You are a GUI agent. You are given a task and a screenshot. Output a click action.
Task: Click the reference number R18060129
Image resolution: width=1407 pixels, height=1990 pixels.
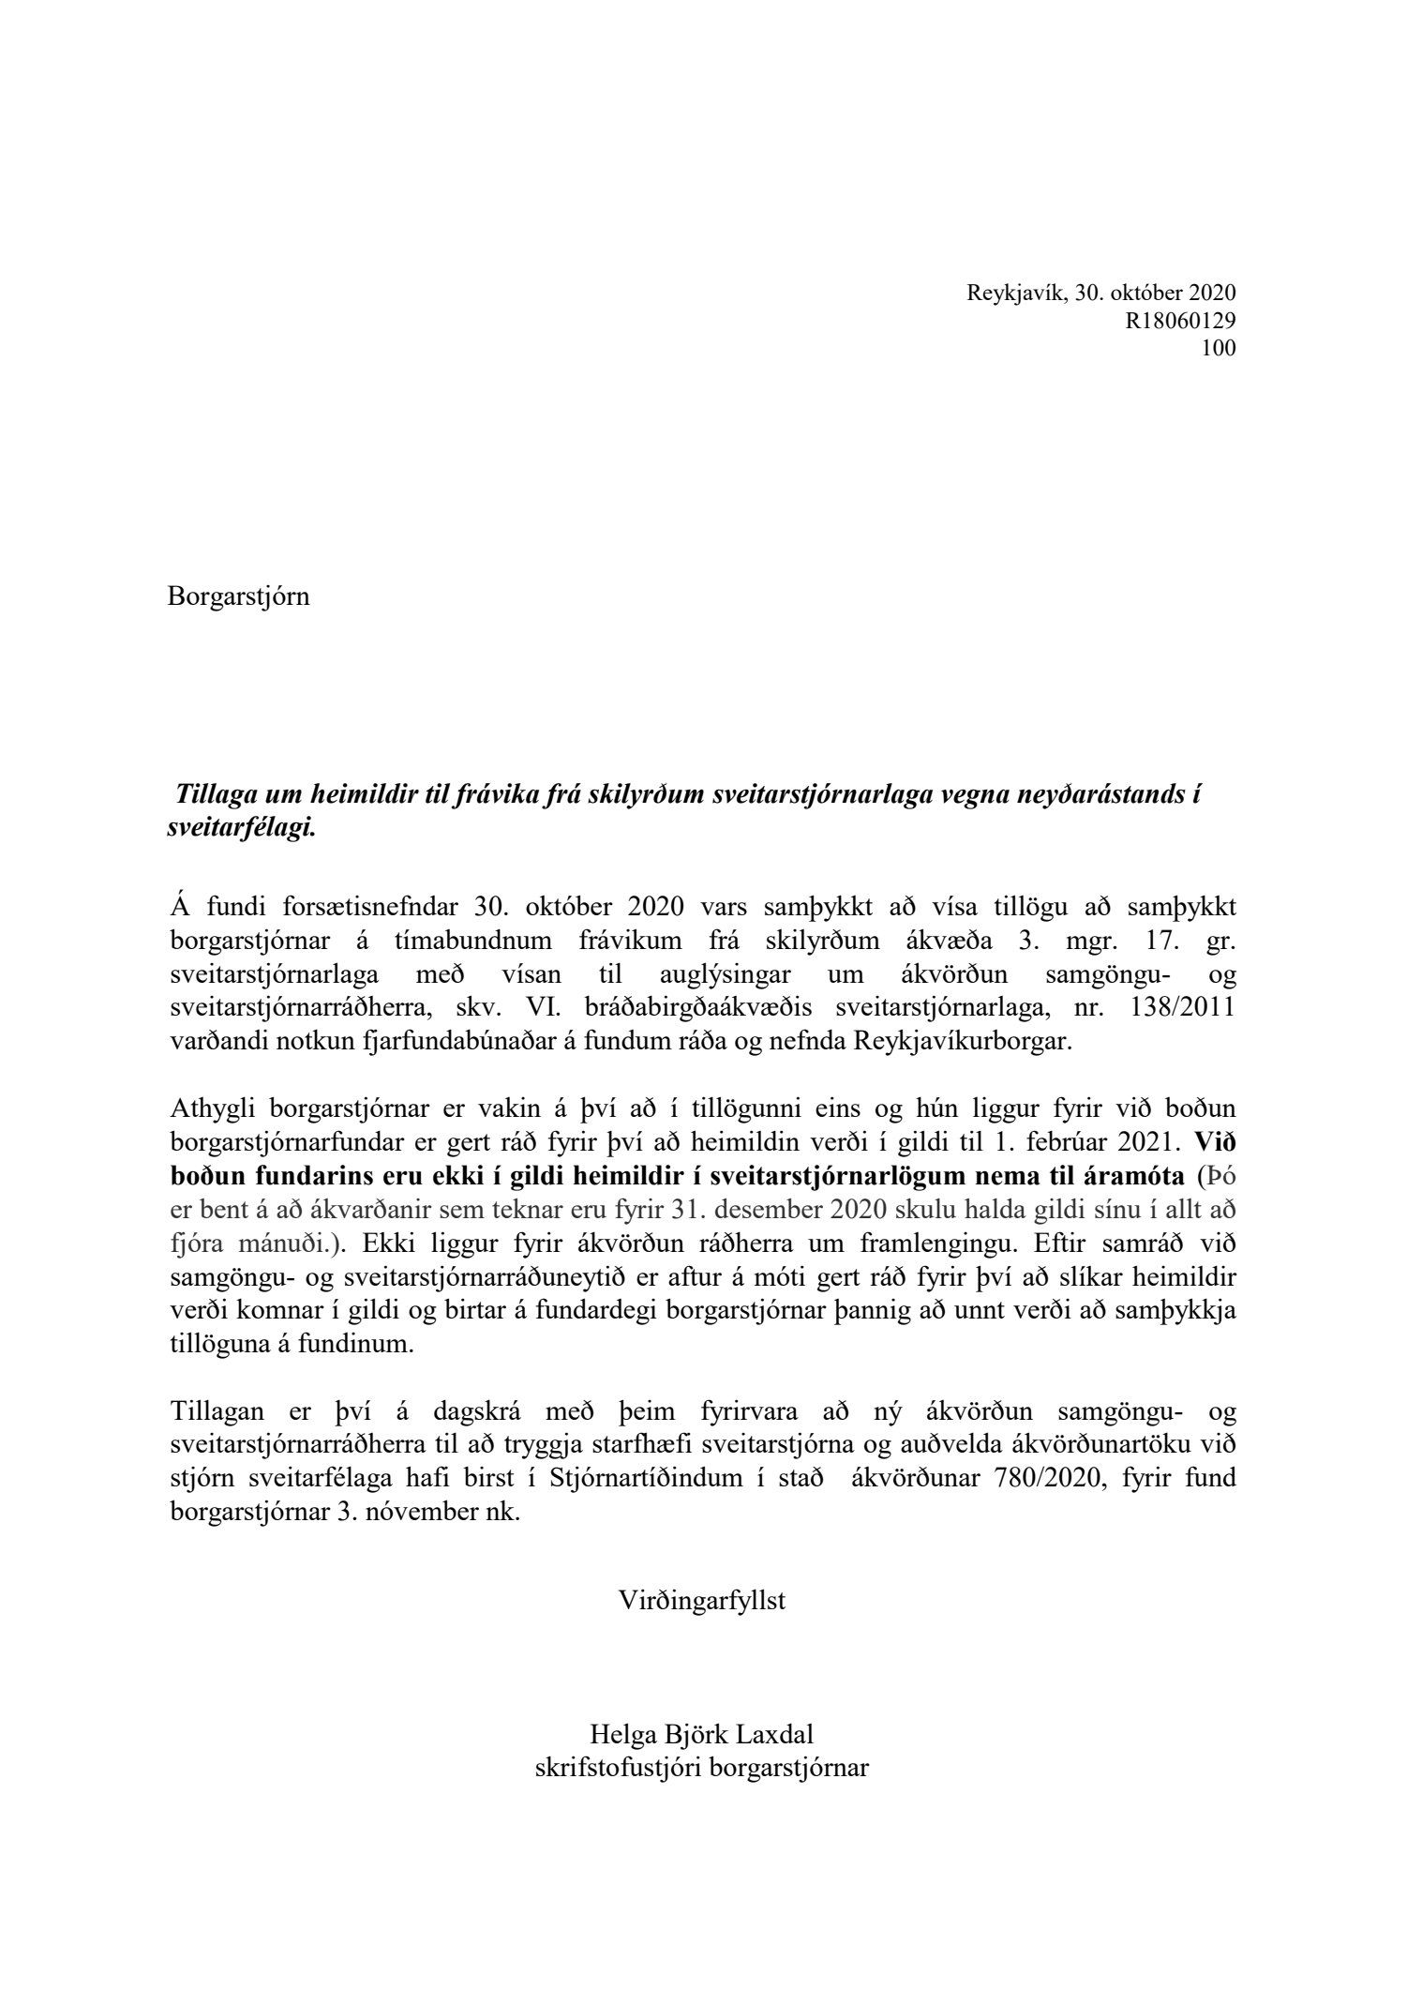(x=1180, y=321)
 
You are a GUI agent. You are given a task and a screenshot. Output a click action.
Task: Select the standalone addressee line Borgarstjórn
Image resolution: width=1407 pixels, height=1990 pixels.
(x=238, y=596)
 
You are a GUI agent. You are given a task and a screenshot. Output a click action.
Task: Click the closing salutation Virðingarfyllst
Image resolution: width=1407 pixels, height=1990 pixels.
(x=702, y=1600)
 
